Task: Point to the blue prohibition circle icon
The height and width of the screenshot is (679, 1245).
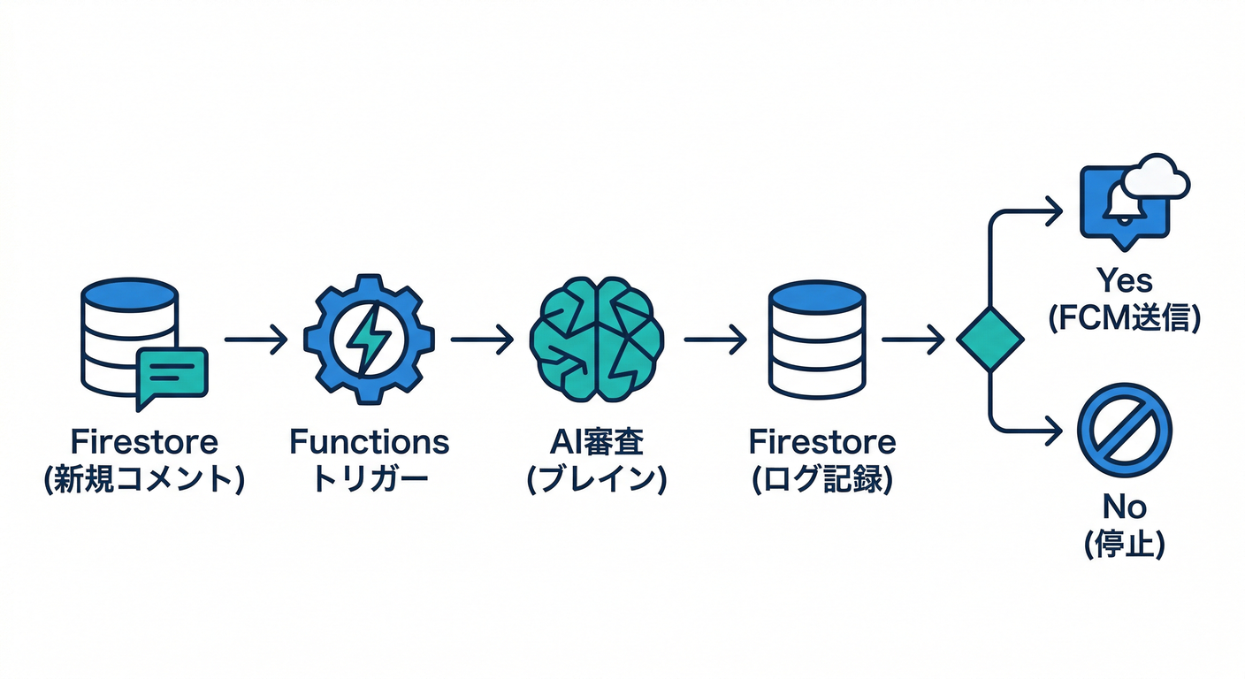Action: (1125, 431)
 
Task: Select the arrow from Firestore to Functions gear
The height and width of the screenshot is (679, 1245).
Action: (256, 339)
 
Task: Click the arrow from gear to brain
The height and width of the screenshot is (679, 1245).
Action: (482, 339)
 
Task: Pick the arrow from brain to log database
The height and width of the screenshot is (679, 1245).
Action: (715, 339)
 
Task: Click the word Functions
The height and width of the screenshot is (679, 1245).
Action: (369, 441)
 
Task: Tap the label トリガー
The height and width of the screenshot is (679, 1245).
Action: (369, 480)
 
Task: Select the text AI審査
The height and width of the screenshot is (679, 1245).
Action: (596, 441)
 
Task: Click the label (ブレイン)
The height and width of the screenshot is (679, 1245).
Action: (596, 480)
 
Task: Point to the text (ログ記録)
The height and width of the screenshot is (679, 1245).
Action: (821, 480)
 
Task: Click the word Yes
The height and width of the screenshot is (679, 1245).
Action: (1124, 281)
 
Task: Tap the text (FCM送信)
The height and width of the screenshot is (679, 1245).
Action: (1124, 318)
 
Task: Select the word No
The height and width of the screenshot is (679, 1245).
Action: (1124, 507)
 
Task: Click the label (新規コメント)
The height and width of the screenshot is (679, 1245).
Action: (144, 480)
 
